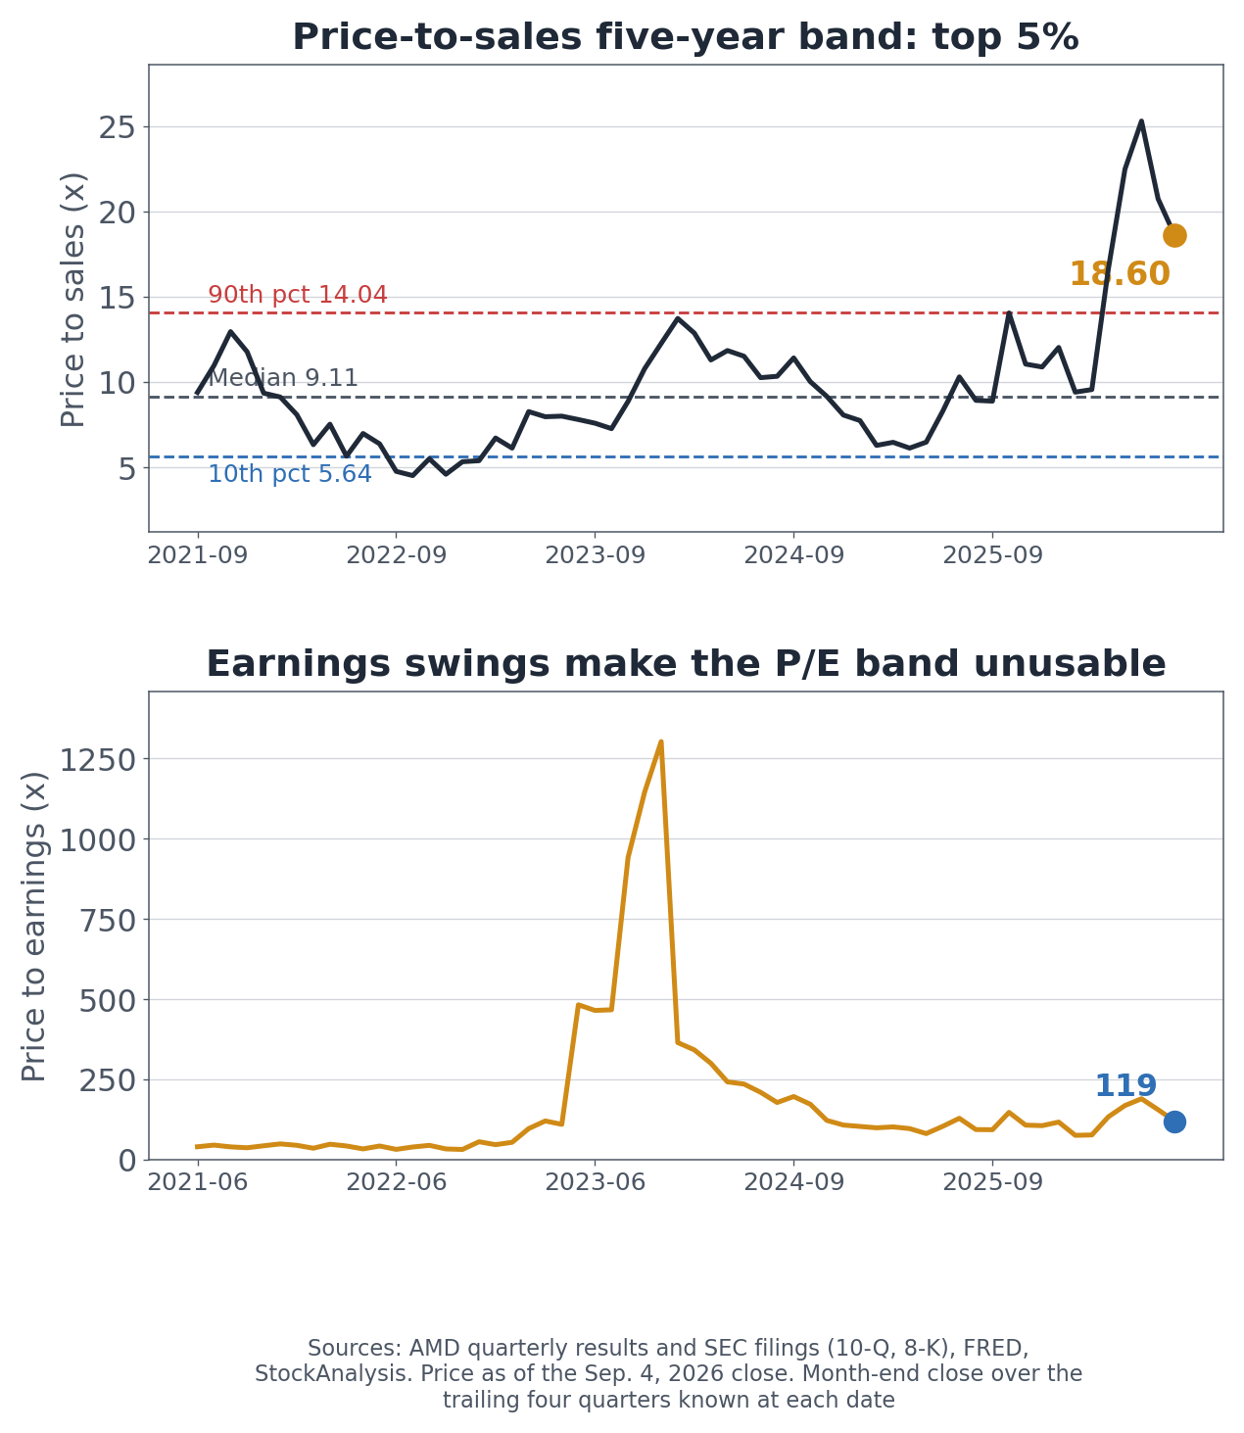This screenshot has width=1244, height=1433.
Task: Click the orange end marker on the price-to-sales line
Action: [1173, 235]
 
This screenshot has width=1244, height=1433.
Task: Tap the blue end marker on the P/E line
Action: [1173, 1122]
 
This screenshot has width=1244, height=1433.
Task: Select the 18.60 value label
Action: [1120, 274]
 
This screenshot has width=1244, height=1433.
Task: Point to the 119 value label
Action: [1124, 1085]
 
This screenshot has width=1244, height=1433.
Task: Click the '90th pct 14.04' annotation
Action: [298, 294]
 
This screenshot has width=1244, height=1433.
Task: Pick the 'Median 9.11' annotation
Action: [284, 378]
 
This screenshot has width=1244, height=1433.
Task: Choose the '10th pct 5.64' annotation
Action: [290, 474]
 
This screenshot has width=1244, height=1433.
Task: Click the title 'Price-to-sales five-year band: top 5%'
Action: [685, 37]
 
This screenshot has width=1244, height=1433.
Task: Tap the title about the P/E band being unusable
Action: [686, 663]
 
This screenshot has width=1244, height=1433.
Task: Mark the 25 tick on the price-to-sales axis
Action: [117, 127]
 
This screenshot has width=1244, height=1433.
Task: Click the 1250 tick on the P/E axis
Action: [97, 760]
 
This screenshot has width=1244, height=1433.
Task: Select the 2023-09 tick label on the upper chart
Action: [595, 554]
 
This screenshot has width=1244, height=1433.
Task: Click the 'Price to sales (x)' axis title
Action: [72, 299]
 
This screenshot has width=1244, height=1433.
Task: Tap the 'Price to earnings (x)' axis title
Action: [33, 927]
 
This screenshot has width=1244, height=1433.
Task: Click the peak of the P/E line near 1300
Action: [660, 741]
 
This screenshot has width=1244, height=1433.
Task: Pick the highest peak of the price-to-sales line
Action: [1141, 121]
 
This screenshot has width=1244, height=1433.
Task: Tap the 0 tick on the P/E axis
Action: [127, 1161]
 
